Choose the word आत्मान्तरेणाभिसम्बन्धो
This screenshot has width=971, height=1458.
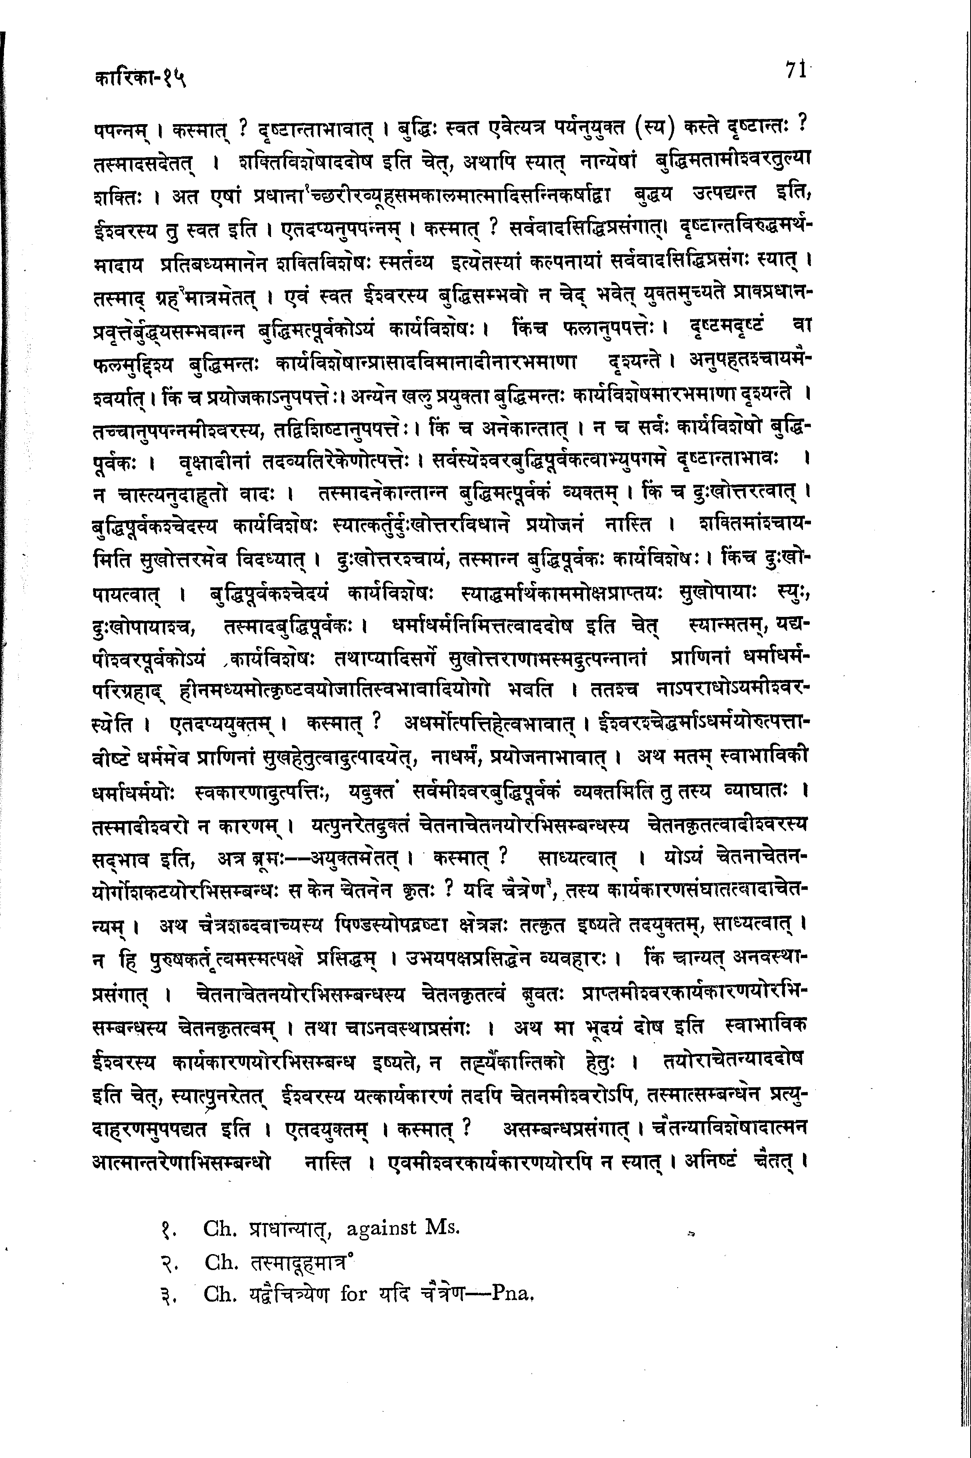(181, 1159)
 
